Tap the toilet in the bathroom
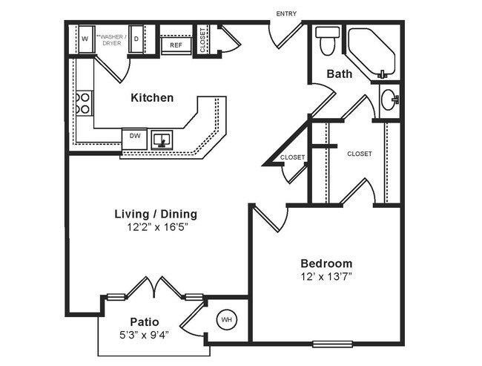pyautogui.click(x=327, y=42)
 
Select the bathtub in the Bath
pyautogui.click(x=373, y=53)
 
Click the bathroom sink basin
pyautogui.click(x=389, y=100)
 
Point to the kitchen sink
pyautogui.click(x=162, y=139)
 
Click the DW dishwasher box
pyautogui.click(x=135, y=137)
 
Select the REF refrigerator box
pyautogui.click(x=176, y=45)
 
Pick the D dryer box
pyautogui.click(x=136, y=39)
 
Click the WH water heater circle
pyautogui.click(x=227, y=320)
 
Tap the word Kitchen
pyautogui.click(x=152, y=97)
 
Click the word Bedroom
pyautogui.click(x=326, y=264)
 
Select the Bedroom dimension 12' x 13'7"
pyautogui.click(x=326, y=277)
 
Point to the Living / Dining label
pyautogui.click(x=155, y=214)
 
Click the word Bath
pyautogui.click(x=340, y=73)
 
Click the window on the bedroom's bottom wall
pyautogui.click(x=332, y=343)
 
